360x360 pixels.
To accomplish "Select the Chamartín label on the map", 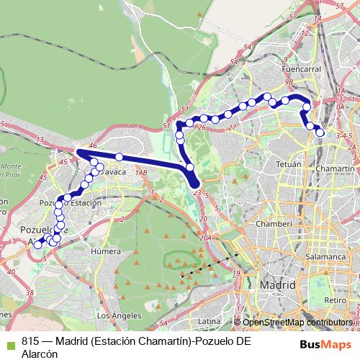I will pyautogui.click(x=336, y=167).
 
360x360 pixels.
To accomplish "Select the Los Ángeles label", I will pyautogui.click(x=114, y=315).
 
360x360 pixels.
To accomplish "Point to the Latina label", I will pyautogui.click(x=209, y=320).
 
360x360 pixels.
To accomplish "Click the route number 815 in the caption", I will pyautogui.click(x=31, y=341).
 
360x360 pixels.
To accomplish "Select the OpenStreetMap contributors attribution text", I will pyautogui.click(x=298, y=323).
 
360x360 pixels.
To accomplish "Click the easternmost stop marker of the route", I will pyautogui.click(x=320, y=131).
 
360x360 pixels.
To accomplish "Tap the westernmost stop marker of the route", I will pyautogui.click(x=38, y=245).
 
